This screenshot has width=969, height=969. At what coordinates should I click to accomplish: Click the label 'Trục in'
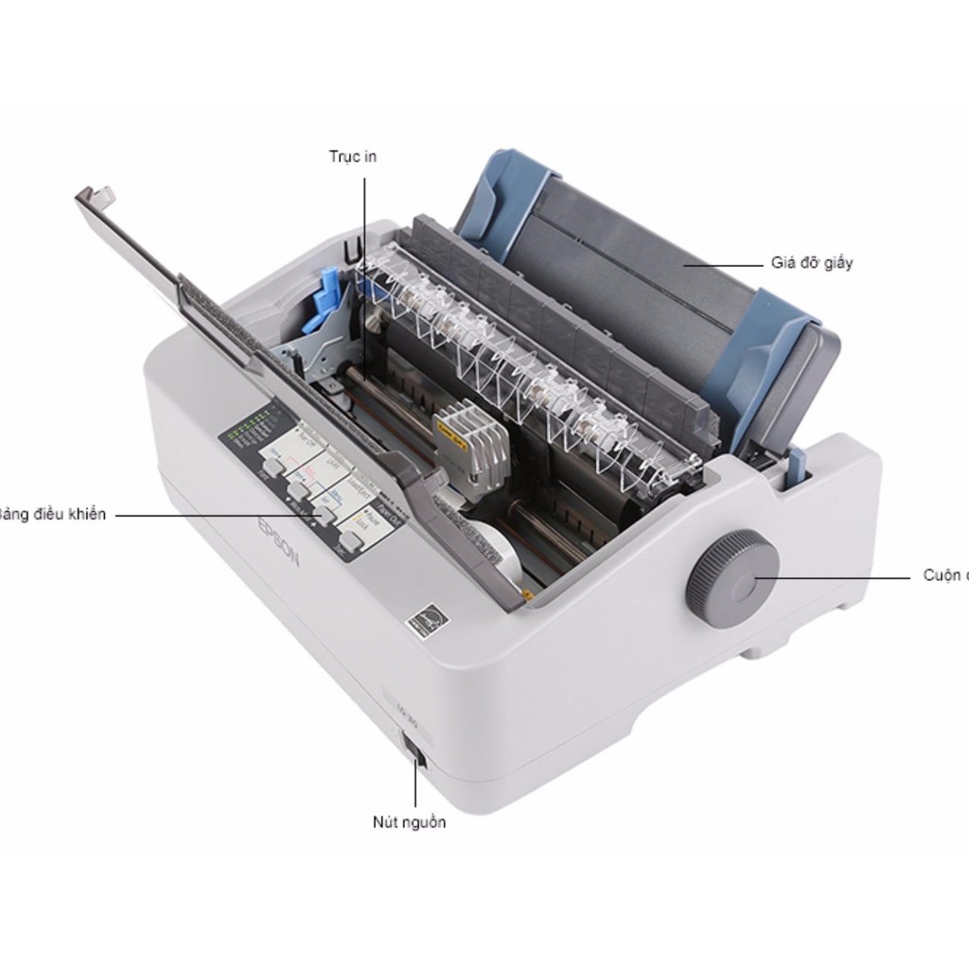click(x=352, y=156)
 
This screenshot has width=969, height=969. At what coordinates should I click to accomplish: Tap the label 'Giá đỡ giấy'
click(x=811, y=263)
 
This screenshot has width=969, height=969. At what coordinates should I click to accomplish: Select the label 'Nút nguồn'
click(x=409, y=821)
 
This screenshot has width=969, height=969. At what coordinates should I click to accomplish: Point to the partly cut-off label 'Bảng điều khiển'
click(x=53, y=515)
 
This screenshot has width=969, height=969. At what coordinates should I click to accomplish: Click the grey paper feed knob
click(x=731, y=572)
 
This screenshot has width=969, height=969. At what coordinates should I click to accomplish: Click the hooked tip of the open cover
click(x=100, y=197)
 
